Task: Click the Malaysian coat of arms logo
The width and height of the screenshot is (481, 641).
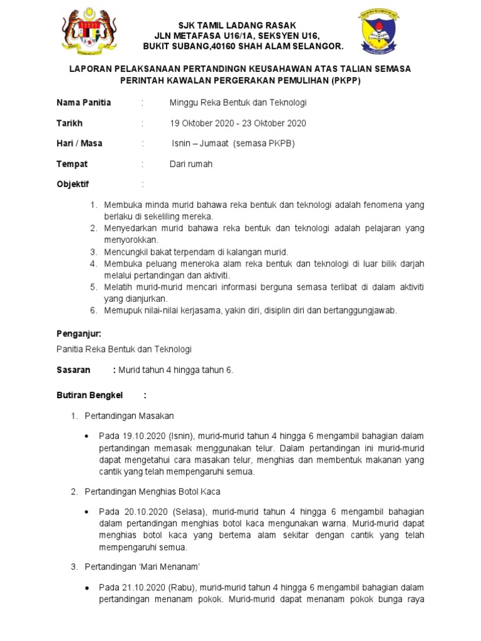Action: point(92,34)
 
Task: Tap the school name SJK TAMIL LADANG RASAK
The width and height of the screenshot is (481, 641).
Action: point(241,24)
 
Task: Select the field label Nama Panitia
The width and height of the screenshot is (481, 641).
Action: point(84,103)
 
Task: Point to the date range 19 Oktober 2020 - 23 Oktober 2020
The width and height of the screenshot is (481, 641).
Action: point(238,123)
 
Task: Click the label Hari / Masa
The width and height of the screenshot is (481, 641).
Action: point(80,143)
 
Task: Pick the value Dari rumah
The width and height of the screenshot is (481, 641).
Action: point(191,164)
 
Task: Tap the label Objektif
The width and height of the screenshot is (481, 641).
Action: point(73,185)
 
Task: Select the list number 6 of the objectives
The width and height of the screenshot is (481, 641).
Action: point(93,310)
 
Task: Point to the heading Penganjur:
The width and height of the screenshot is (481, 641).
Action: point(79,334)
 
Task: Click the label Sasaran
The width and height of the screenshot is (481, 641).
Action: point(73,370)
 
